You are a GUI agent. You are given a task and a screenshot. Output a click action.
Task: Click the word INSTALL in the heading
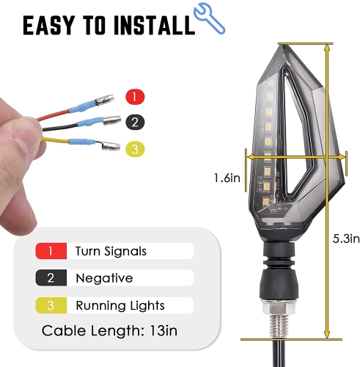(154, 25)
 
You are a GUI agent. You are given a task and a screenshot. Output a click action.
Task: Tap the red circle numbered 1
(135, 97)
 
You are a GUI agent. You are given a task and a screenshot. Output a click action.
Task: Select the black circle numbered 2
(135, 122)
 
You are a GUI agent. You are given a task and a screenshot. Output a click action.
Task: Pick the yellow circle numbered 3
(135, 149)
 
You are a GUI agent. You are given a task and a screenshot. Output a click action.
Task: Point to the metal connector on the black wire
(112, 120)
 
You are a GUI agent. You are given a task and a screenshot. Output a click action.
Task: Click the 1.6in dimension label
(227, 178)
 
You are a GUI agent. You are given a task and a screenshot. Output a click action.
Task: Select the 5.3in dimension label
(346, 239)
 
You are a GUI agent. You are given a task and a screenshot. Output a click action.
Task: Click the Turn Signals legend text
(111, 251)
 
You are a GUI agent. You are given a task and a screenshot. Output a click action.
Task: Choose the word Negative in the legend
(104, 278)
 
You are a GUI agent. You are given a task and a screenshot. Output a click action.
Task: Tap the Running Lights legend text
(120, 305)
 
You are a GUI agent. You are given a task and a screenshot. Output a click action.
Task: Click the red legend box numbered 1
(51, 251)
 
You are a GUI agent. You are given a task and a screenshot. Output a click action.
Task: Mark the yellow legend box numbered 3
(51, 305)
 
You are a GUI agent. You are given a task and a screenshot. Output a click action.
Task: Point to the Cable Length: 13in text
(109, 331)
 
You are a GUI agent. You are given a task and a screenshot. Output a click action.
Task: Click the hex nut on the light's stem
(279, 308)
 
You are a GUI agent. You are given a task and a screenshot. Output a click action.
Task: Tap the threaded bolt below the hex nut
(279, 326)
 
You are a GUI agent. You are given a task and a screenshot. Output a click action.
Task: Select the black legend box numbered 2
(51, 278)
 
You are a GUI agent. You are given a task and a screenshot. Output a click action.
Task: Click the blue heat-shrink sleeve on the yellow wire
(82, 142)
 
